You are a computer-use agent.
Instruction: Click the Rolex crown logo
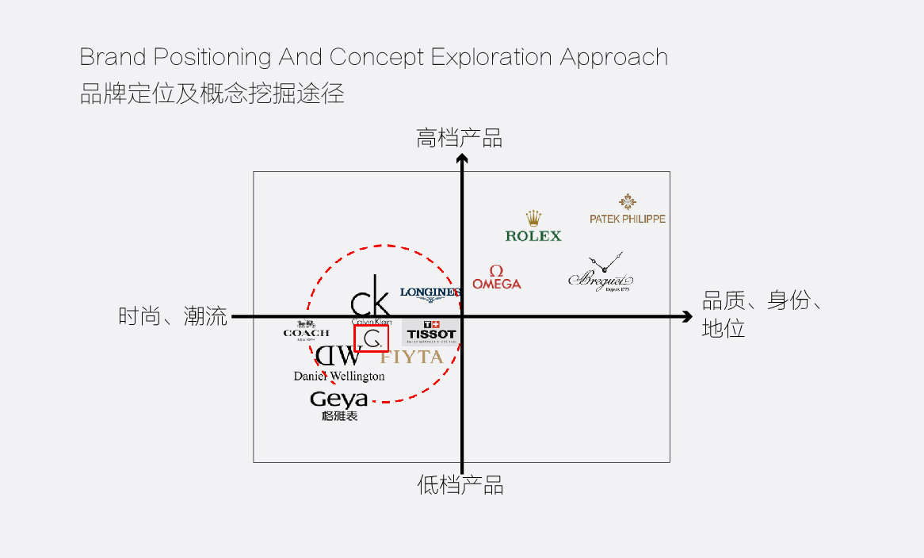point(533,218)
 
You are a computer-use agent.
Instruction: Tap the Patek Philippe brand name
point(628,219)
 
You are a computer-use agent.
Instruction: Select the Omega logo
point(497,277)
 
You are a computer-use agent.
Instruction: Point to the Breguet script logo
point(601,277)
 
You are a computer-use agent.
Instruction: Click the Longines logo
point(430,293)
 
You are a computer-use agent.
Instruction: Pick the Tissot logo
point(431,331)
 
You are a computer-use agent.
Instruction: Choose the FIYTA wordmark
point(411,357)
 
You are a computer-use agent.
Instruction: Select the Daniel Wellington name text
point(339,376)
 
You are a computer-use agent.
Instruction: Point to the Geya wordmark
point(338,399)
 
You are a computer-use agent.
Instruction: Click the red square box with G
point(371,338)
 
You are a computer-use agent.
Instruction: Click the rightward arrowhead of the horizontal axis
point(686,317)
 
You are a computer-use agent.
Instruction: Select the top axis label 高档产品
point(460,139)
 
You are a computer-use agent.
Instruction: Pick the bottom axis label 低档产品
point(460,485)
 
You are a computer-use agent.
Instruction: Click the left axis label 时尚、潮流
point(173,317)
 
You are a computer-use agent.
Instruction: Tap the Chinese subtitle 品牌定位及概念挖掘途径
point(212,94)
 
